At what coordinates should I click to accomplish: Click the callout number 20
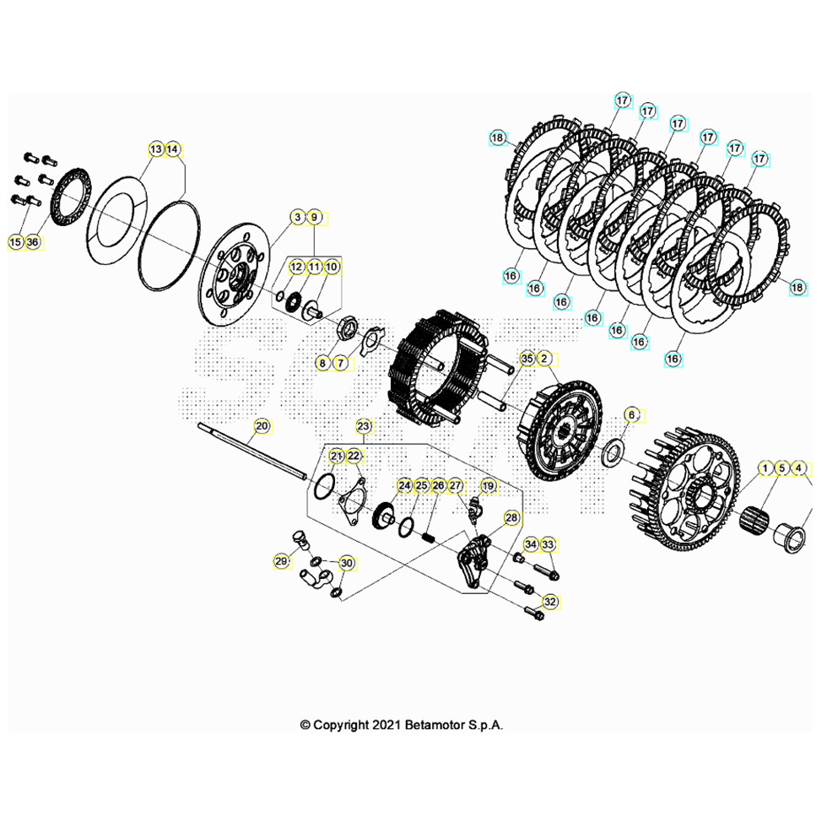coord(262,426)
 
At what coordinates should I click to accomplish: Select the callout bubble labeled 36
coord(33,242)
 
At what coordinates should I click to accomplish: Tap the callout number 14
coord(172,149)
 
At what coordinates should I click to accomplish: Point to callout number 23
coord(364,426)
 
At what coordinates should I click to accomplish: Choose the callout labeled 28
coord(511,518)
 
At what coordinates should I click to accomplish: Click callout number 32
coord(550,602)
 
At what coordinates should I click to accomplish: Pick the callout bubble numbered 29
coord(282,562)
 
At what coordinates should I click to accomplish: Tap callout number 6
coord(632,415)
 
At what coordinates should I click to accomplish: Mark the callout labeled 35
coord(527,359)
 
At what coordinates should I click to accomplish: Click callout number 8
coord(322,363)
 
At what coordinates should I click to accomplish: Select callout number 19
coord(489,486)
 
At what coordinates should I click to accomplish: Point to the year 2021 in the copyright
coord(386,725)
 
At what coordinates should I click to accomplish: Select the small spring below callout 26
coord(430,539)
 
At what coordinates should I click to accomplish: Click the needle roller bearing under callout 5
coord(753,519)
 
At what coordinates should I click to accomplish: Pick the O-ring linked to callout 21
coord(324,486)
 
